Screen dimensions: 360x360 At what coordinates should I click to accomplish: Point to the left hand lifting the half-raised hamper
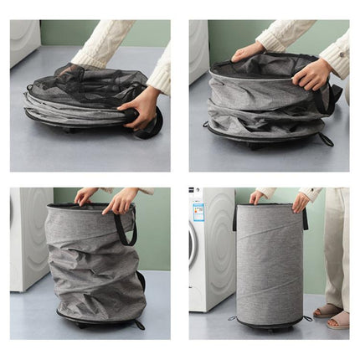249,53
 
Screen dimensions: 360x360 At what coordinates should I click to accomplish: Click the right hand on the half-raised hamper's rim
311,75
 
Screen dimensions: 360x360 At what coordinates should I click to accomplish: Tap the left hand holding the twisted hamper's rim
85,196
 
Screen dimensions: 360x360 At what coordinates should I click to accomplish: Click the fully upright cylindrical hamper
269,264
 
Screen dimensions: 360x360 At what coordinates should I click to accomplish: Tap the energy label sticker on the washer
198,211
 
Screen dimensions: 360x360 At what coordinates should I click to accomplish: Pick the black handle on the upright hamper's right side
306,219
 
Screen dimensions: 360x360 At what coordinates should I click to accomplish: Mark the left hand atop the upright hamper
255,198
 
